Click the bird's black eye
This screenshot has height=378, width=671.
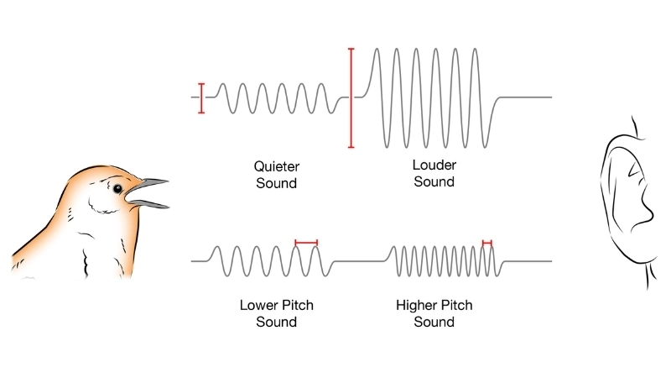coord(117,187)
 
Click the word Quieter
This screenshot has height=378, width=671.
coord(276,166)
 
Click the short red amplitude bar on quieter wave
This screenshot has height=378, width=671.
coord(201,97)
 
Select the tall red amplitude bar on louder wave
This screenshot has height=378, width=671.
coord(351,97)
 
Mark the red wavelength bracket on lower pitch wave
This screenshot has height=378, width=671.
coord(306,243)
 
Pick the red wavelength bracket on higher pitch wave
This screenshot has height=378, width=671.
coord(487,243)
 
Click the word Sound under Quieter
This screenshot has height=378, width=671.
coord(276,182)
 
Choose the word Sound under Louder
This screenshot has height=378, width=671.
coord(434,182)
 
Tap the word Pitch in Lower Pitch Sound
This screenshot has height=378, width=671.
coord(295,306)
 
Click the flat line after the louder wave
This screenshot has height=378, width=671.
coord(524,97)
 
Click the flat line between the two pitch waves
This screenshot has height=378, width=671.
coord(361,261)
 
